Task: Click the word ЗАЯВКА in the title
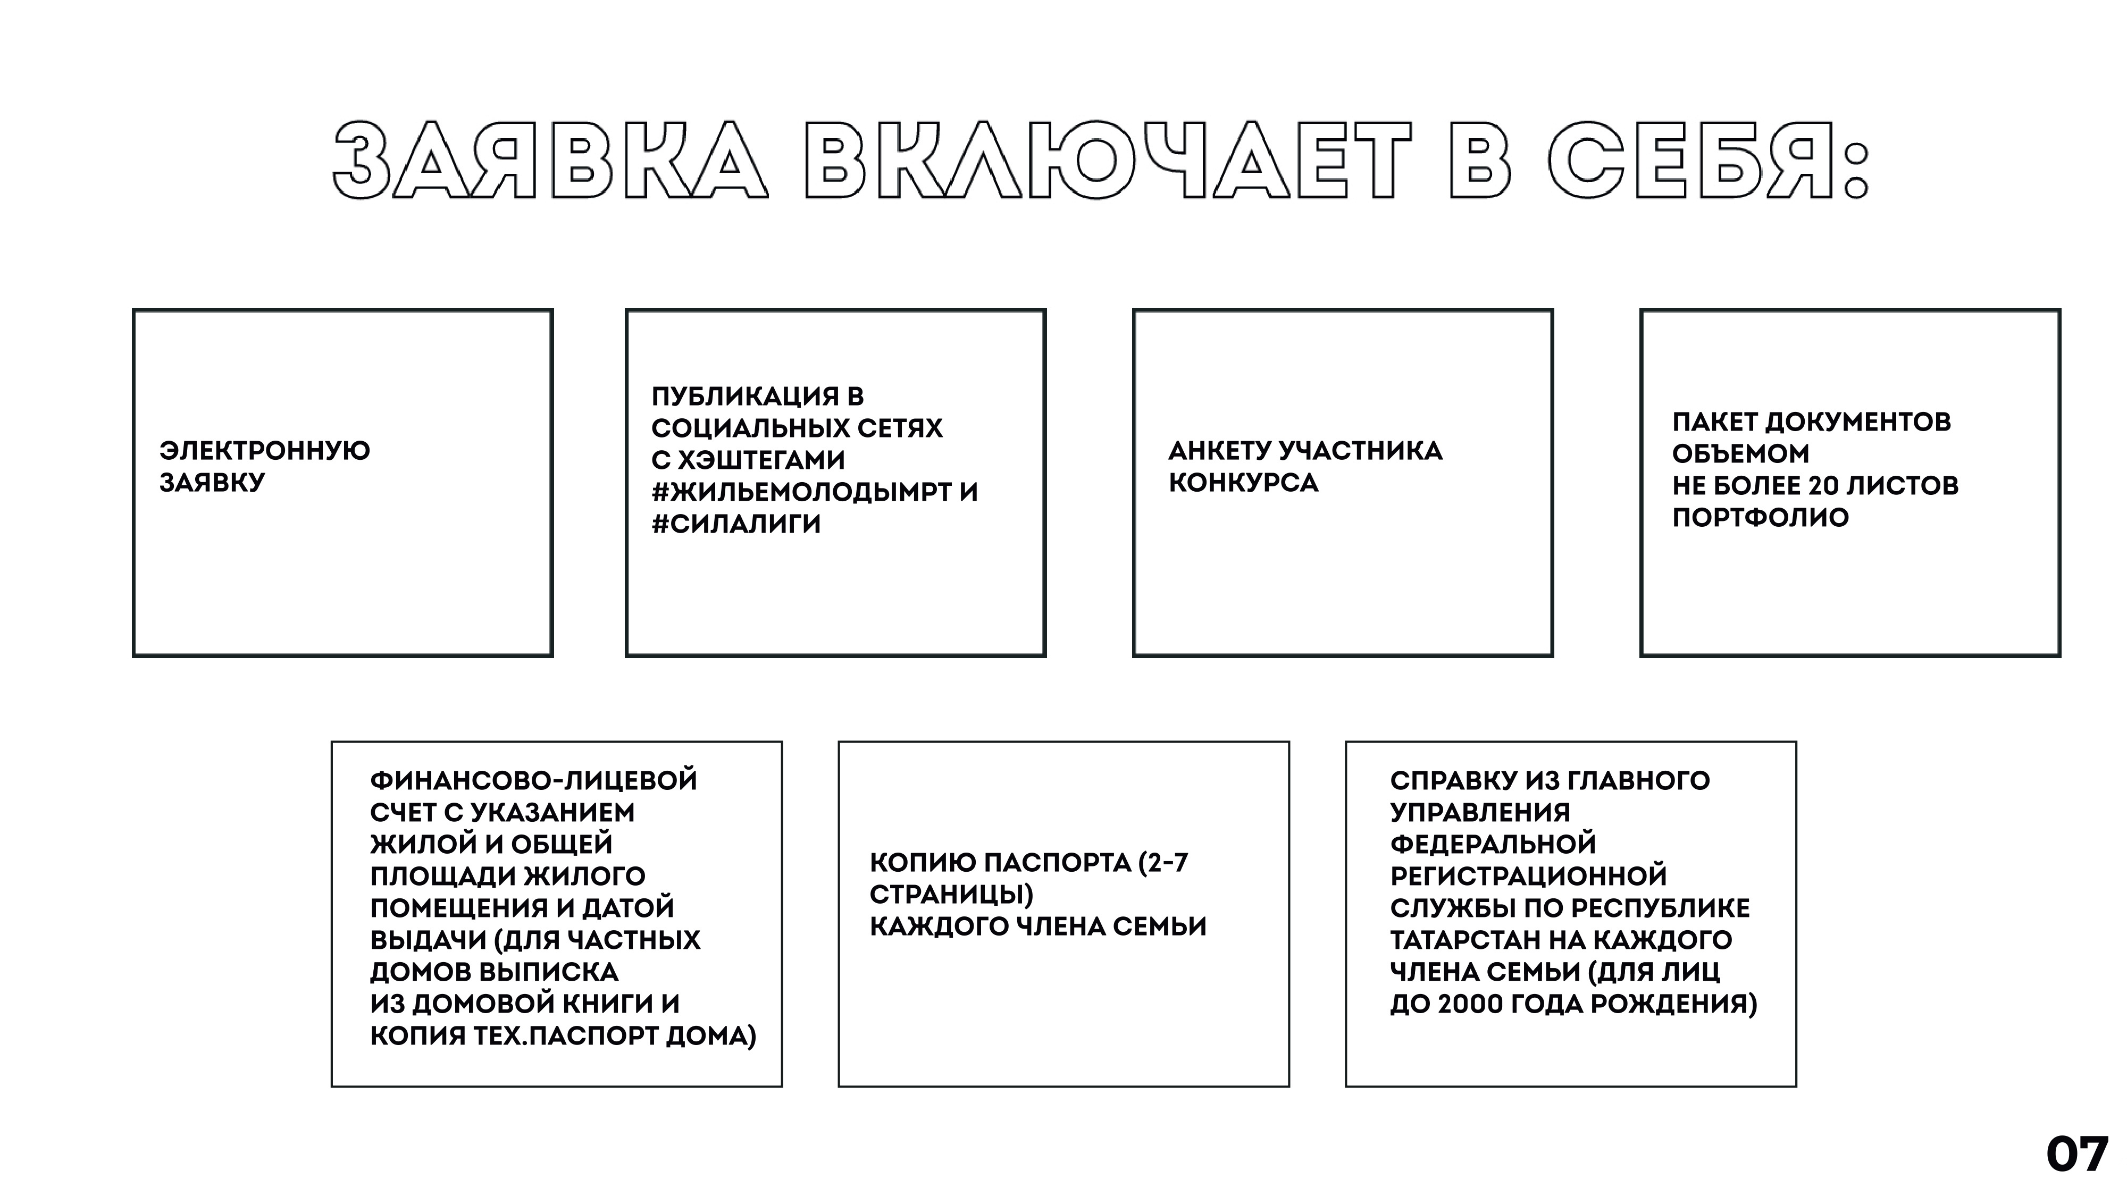[551, 161]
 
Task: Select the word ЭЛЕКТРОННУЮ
[265, 451]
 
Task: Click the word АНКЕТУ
[1219, 451]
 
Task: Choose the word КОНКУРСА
[1243, 483]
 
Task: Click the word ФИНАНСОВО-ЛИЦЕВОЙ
[533, 781]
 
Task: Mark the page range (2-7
[1162, 863]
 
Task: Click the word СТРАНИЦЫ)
[951, 895]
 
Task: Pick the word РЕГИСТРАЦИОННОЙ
[1528, 876]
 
